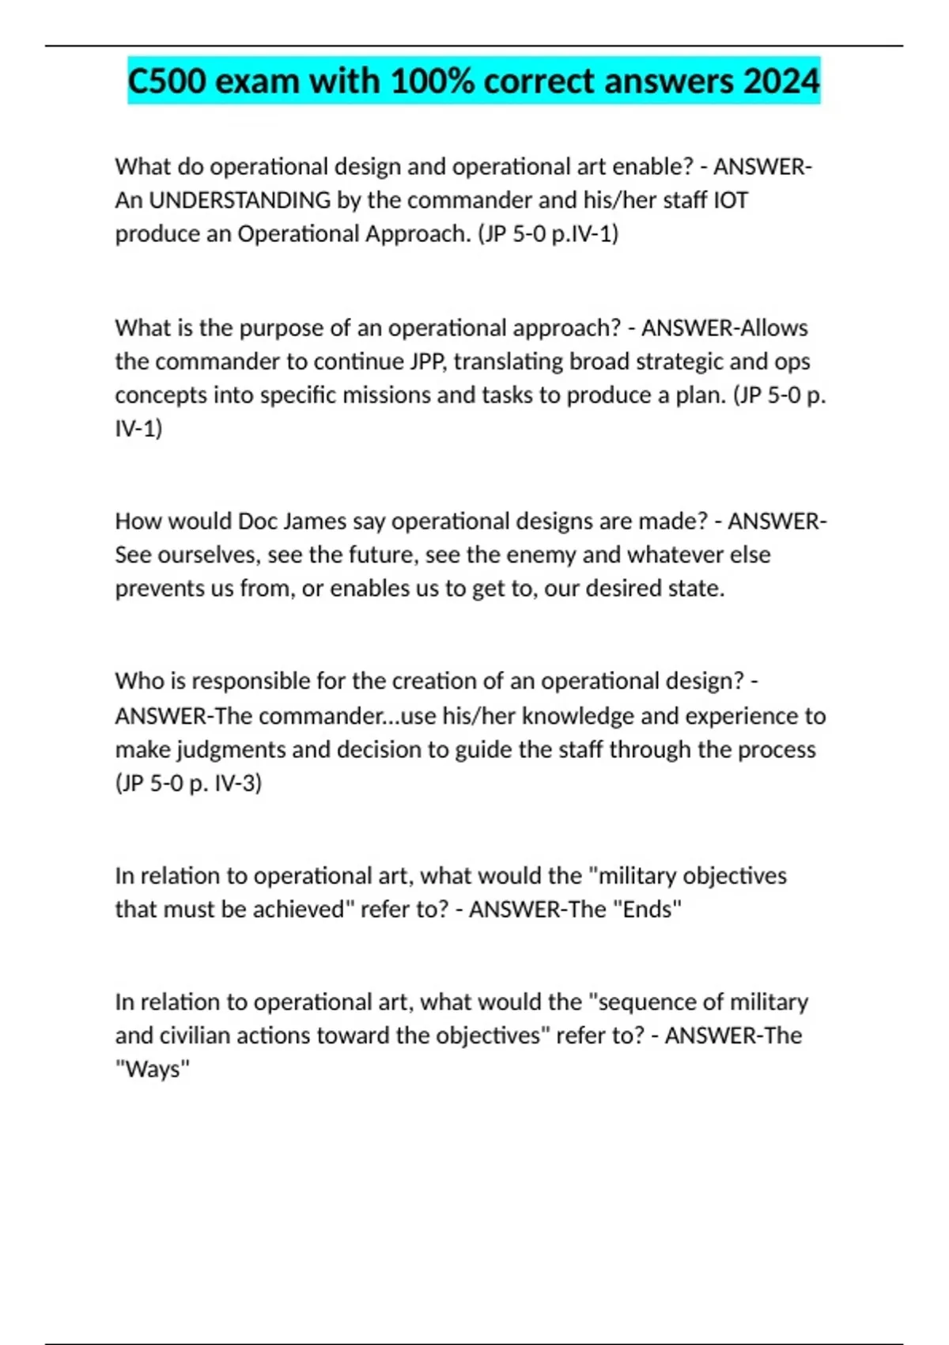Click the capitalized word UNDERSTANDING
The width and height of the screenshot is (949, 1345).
240,200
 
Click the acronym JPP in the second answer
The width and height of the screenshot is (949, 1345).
427,362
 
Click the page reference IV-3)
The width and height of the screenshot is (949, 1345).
235,783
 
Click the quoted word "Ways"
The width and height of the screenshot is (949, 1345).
153,1070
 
